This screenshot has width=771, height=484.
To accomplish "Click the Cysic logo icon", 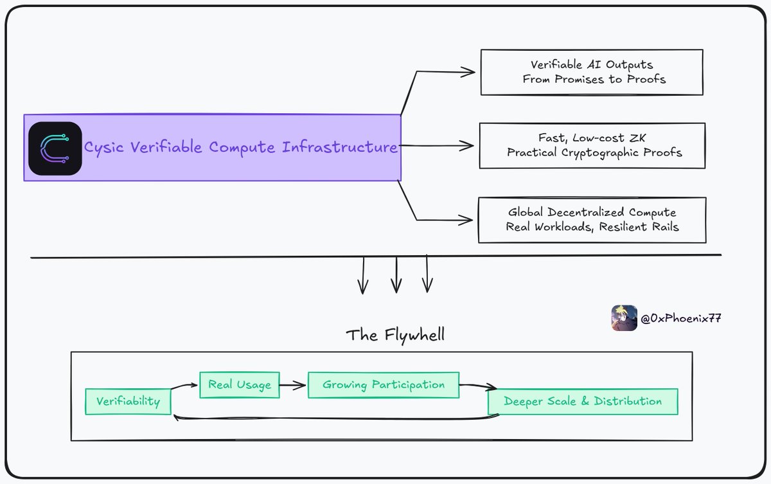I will (x=55, y=148).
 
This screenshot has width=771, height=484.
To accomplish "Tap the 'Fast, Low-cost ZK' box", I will (x=593, y=146).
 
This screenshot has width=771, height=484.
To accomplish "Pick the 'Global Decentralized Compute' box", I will (x=592, y=220).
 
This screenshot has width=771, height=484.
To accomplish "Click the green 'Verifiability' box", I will (x=128, y=402).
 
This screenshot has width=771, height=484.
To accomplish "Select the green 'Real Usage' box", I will (x=240, y=385).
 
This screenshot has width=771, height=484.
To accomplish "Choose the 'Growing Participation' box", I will (x=384, y=385).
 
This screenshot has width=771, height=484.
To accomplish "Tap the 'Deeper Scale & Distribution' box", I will (x=582, y=401).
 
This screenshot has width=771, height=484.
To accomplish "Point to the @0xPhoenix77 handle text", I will (x=680, y=319).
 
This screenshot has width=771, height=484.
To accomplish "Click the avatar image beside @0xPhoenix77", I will (x=624, y=318).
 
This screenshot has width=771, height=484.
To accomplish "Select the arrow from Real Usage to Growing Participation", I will (x=294, y=386).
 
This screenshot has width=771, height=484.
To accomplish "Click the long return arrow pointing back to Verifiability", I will (x=334, y=419).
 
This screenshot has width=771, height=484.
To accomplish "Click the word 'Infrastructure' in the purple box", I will (x=340, y=147).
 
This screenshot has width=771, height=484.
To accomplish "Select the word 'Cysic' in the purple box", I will (x=105, y=147).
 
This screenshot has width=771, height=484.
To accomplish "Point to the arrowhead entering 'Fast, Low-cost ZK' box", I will (x=472, y=146).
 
